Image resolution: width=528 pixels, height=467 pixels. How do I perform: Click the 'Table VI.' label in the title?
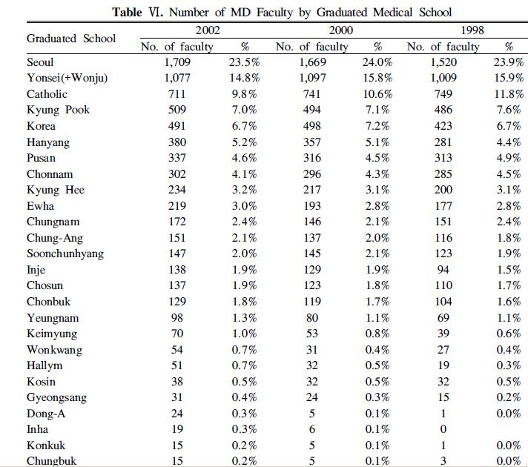click(x=136, y=13)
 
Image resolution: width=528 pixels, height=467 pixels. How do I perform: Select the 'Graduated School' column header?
click(x=71, y=38)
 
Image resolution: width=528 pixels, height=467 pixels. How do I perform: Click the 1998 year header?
click(x=473, y=30)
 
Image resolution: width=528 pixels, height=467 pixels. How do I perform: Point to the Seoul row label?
click(x=40, y=62)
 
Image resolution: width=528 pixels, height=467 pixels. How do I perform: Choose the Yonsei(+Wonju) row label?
click(x=67, y=78)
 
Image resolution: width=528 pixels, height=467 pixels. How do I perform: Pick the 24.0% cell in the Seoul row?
click(x=378, y=62)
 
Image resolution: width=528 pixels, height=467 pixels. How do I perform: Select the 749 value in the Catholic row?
click(x=443, y=94)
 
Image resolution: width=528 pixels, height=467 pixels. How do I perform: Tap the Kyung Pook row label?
click(x=59, y=110)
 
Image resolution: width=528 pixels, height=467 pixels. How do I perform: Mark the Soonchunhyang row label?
click(x=65, y=254)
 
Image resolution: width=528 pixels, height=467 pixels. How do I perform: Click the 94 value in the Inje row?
click(x=443, y=270)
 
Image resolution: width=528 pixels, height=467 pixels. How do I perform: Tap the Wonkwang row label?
click(x=54, y=350)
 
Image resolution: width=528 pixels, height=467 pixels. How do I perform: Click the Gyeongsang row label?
click(x=56, y=397)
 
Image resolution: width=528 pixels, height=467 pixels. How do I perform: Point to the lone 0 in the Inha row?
click(x=443, y=429)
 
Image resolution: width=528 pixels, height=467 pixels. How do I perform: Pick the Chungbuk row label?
click(x=51, y=461)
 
